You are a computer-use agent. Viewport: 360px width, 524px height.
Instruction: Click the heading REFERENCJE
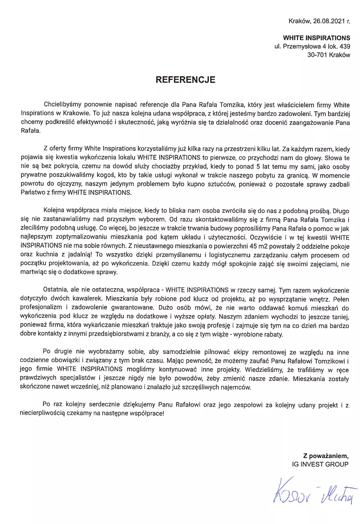[185, 80]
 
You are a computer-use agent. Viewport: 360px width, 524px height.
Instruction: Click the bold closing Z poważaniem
[326, 456]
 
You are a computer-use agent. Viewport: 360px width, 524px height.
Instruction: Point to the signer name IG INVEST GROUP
[318, 464]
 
